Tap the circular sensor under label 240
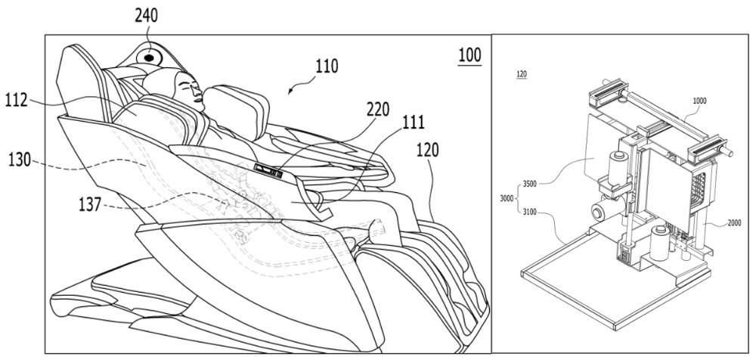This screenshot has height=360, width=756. (150, 55)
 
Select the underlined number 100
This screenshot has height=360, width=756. (469, 55)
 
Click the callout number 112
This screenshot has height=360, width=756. (23, 99)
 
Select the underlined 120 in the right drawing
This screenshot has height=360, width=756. (521, 75)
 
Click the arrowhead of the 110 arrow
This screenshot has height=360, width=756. (291, 92)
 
